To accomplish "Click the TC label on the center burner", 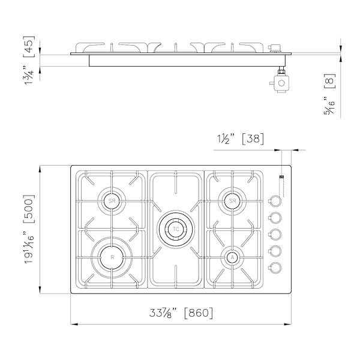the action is click(x=176, y=229).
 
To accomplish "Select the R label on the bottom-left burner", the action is click(x=112, y=257).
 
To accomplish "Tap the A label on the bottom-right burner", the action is click(x=232, y=257).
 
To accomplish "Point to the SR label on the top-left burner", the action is click(x=112, y=201).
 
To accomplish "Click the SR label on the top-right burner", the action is click(x=233, y=201).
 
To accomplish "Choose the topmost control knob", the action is click(x=275, y=201).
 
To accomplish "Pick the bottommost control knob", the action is click(x=275, y=268).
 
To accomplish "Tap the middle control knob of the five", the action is click(x=275, y=234).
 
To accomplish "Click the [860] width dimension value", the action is click(x=199, y=313).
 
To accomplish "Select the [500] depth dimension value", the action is click(x=29, y=209).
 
